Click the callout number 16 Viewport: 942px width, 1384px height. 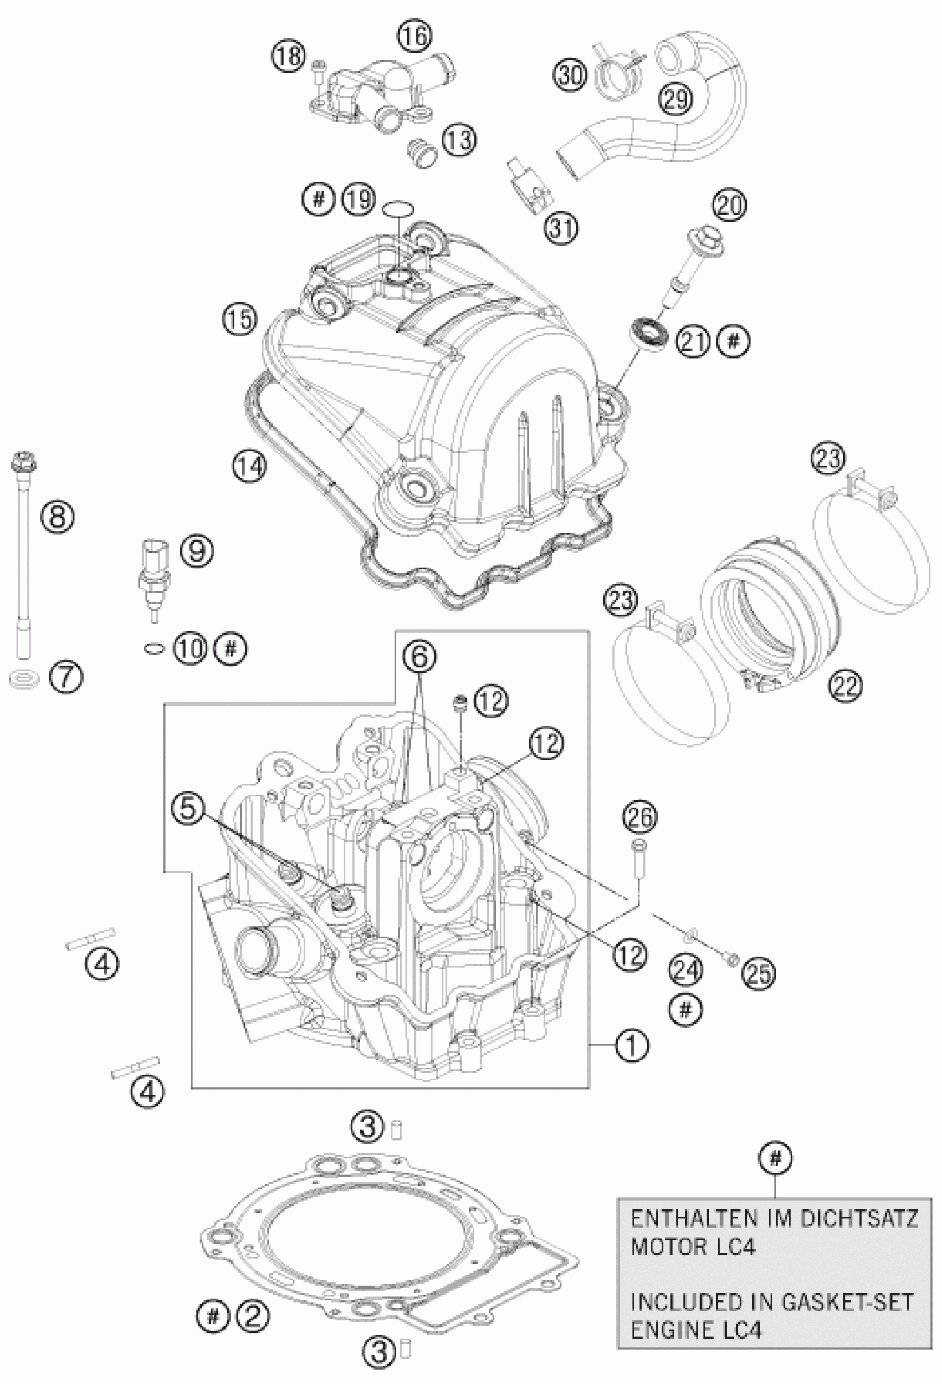coord(416,37)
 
